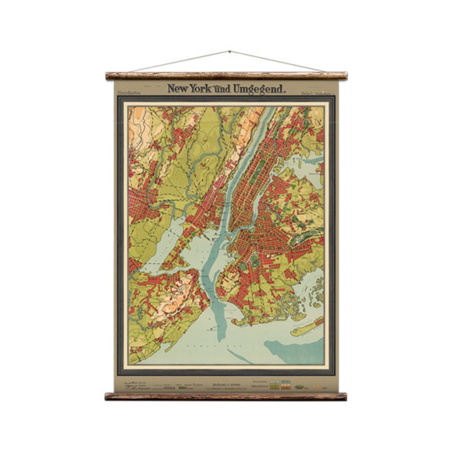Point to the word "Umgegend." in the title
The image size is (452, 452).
pos(259,88)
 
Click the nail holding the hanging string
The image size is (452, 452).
pos(229,51)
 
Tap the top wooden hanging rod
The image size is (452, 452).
pos(226,76)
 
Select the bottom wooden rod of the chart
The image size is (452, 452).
pos(226,396)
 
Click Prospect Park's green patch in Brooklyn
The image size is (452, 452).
pos(254,262)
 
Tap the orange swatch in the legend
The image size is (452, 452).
pos(285,387)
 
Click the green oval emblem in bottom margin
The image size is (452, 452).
pos(299,387)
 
